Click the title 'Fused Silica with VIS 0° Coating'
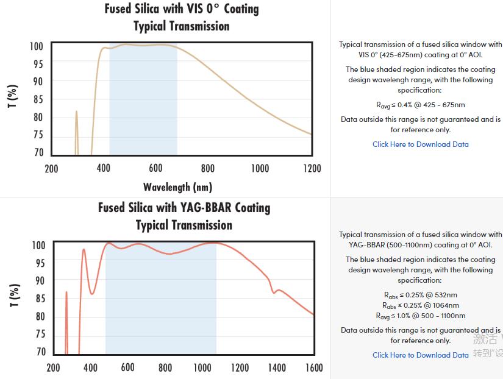tap(182, 9)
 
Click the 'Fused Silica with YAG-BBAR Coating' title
tap(184, 208)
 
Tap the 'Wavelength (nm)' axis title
tap(177, 187)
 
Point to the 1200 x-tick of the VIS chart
tap(312, 168)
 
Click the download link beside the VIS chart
tap(421, 144)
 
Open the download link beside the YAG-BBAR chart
tap(421, 355)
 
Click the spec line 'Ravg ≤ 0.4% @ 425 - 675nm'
tap(421, 105)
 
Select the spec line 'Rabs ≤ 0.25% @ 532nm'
tap(421, 296)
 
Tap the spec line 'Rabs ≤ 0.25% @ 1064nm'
tap(421, 305)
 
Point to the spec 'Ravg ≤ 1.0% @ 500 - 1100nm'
tap(421, 316)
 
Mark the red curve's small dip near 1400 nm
tap(274, 292)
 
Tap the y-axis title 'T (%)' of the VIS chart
tap(13, 96)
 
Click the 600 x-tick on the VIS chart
tap(155, 168)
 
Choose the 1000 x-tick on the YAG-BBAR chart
tap(202, 367)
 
